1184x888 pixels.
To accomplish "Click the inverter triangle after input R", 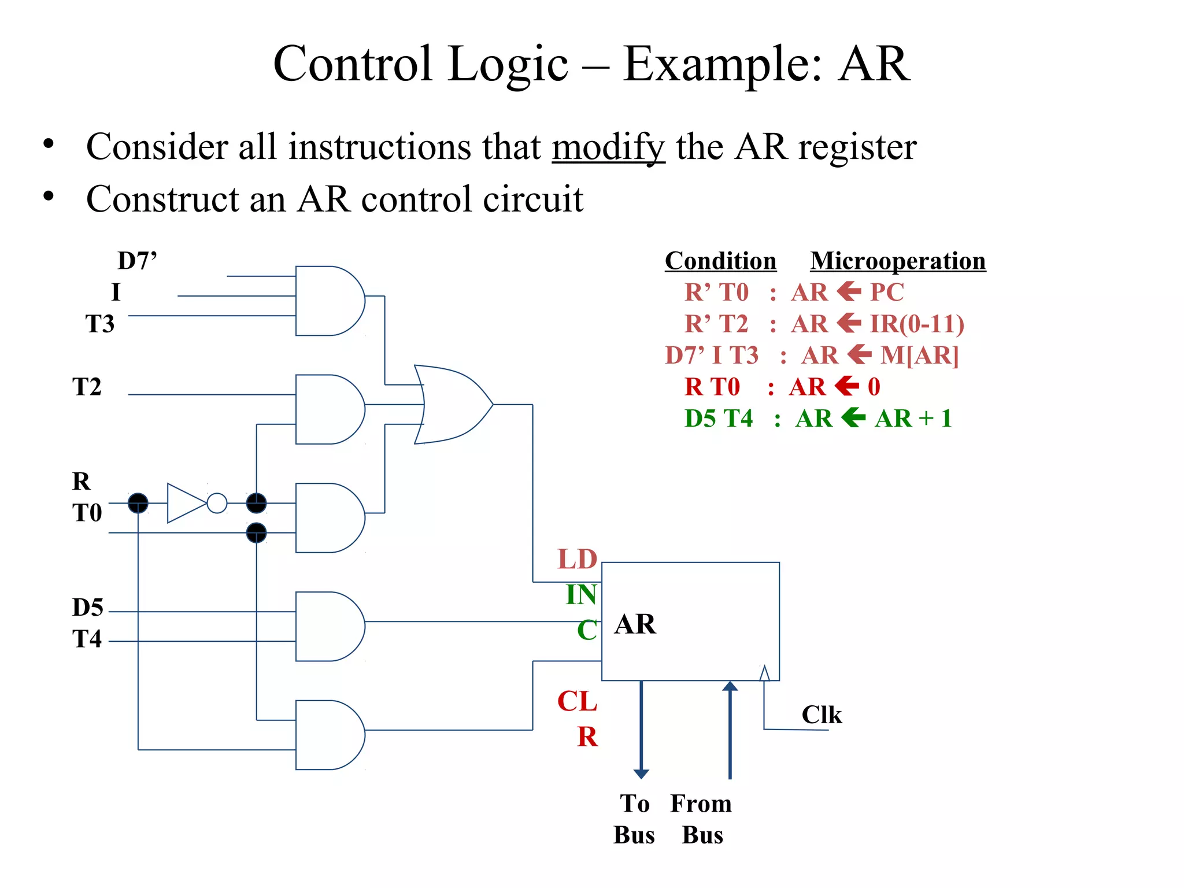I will tap(185, 503).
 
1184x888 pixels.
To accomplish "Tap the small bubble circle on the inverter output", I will tap(217, 503).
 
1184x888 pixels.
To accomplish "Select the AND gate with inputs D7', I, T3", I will tap(328, 301).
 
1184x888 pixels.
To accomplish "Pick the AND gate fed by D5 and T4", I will tap(328, 626).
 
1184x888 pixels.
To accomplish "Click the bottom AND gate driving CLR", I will tap(328, 735).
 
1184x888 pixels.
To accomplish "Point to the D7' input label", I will tap(137, 261).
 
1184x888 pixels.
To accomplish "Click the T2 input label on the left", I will tap(87, 387).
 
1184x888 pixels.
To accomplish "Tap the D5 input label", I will tap(87, 608).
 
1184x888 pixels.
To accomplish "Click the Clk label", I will tap(822, 715).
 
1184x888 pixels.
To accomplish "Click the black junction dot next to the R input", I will tap(138, 503).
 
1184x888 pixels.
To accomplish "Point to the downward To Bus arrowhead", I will tap(641, 774).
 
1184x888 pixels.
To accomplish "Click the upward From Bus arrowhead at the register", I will tap(730, 687).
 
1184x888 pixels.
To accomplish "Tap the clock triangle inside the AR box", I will tap(764, 674).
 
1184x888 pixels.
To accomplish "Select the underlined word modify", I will tap(608, 147).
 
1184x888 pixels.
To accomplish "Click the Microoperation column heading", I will tap(898, 261).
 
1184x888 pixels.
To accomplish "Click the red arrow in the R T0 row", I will tap(847, 386).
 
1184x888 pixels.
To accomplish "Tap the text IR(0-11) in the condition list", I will tap(917, 324).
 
